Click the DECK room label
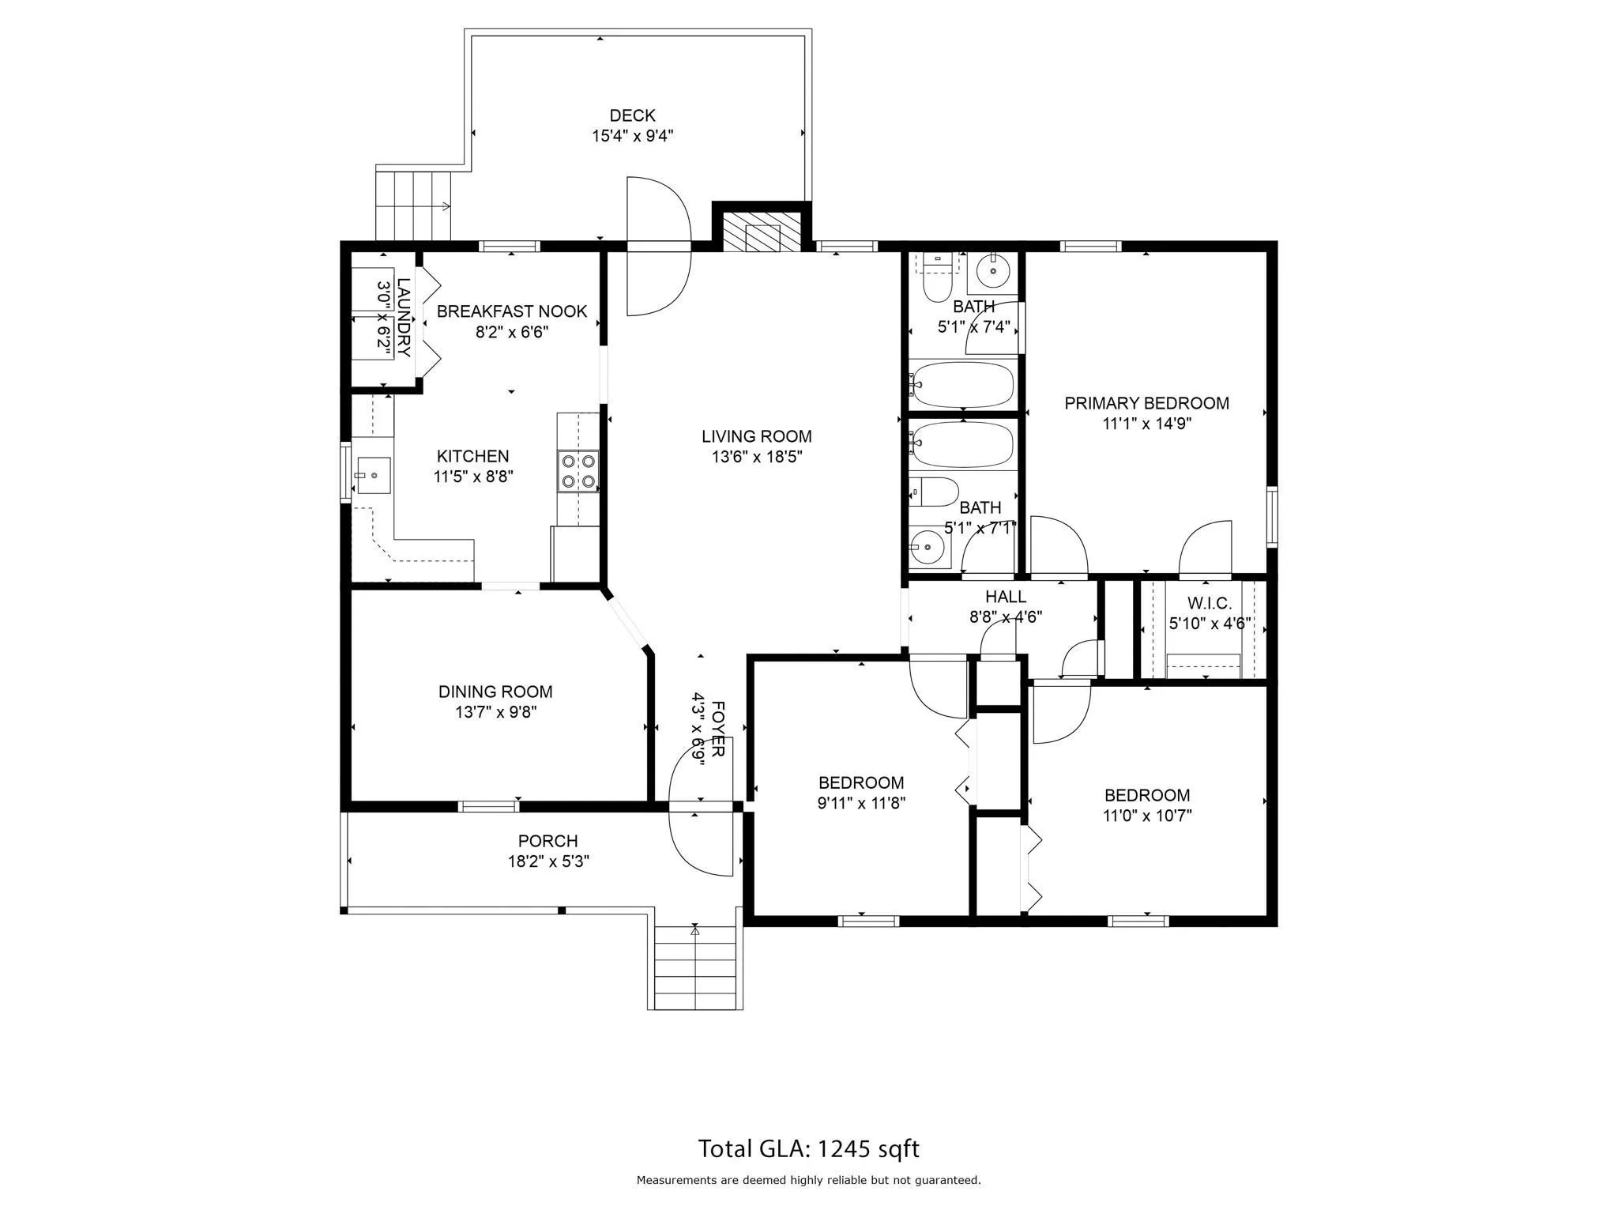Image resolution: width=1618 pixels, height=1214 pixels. click(632, 116)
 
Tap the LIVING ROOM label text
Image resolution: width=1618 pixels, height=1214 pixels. click(756, 436)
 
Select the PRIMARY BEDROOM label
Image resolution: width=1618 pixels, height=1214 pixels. click(1146, 403)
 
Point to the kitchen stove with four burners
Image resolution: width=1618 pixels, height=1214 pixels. click(578, 471)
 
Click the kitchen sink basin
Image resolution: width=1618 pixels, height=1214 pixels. click(373, 475)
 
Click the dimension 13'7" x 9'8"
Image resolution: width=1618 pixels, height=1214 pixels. click(495, 712)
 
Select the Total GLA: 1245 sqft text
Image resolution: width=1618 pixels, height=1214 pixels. click(808, 1148)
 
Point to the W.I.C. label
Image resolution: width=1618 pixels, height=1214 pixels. click(1209, 604)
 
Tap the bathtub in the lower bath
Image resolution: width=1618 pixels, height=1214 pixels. click(961, 445)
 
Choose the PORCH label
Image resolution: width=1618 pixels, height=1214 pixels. click(547, 841)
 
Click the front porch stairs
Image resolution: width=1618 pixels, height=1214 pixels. click(698, 967)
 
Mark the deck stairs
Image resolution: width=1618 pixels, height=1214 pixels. click(413, 205)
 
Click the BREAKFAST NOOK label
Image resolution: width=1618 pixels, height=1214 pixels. click(512, 311)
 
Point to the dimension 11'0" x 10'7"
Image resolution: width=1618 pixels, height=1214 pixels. click(1146, 816)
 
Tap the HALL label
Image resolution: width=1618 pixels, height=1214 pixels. click(1006, 597)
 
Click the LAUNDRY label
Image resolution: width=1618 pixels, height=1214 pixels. click(403, 318)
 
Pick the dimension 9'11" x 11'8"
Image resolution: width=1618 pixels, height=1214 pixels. click(861, 803)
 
